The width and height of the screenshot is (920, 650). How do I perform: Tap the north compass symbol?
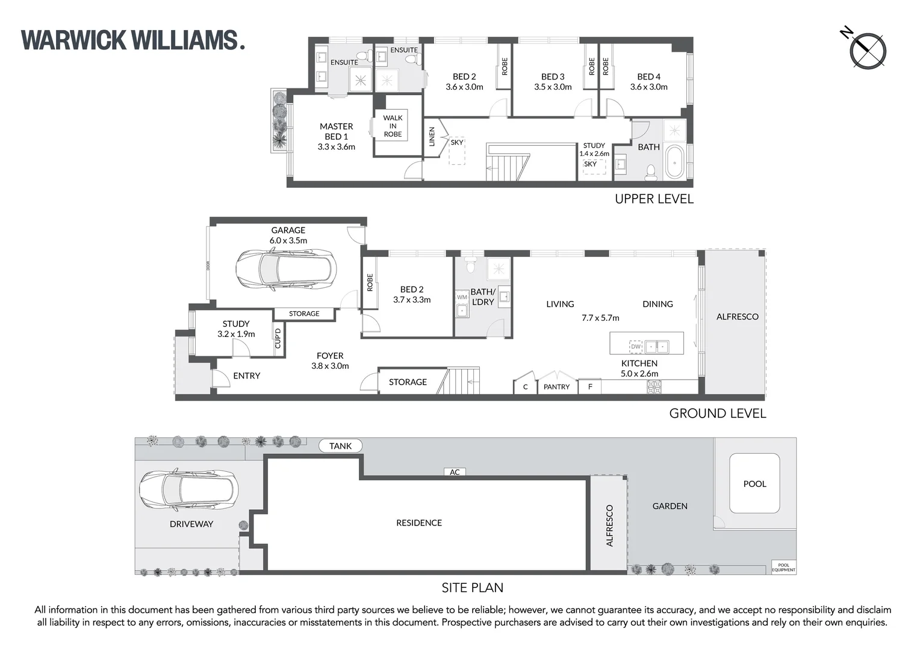tap(868, 51)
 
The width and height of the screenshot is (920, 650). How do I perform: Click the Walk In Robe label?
tap(393, 126)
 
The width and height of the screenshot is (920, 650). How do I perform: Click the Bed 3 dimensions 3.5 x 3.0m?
tap(553, 87)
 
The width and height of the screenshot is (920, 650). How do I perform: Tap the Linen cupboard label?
tap(432, 137)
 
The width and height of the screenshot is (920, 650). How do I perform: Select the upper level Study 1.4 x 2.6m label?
tap(594, 149)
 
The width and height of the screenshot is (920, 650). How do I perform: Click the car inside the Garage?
tap(285, 270)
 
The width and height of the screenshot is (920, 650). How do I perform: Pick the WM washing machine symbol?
tap(462, 297)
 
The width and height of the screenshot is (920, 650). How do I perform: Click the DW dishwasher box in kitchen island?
tap(636, 346)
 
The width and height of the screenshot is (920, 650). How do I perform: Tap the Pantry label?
tap(556, 387)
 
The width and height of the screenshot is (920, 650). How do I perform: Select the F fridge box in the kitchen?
tap(590, 386)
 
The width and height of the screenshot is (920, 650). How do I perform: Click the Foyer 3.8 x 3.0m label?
tap(330, 361)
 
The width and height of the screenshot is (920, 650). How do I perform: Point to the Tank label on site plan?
tap(340, 446)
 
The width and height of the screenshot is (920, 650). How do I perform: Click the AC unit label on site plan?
tap(455, 472)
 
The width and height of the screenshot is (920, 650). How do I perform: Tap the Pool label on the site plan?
tap(754, 484)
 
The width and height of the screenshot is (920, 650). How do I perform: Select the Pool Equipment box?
tap(783, 568)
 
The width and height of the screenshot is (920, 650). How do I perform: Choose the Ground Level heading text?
tap(717, 413)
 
